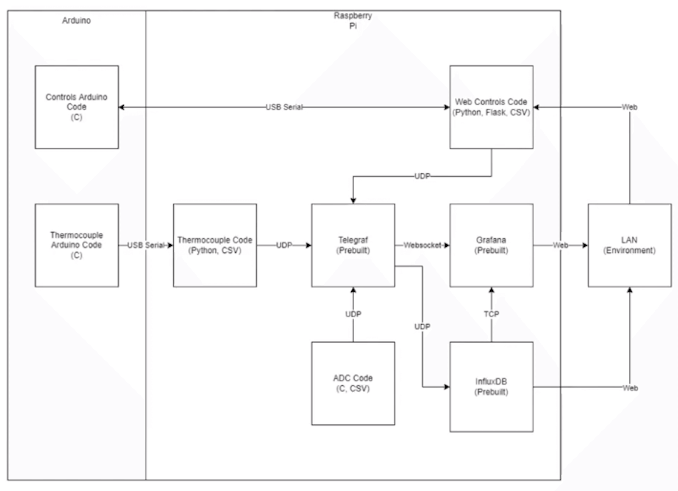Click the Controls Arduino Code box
point(77,107)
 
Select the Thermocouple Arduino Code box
point(77,245)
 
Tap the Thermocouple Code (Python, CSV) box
point(215,245)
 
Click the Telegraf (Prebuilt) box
point(353,245)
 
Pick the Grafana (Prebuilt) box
point(491,245)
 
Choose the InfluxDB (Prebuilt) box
point(491,386)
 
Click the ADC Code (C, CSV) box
point(353,383)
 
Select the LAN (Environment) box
point(629,245)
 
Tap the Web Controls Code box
point(491,107)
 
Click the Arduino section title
point(76,20)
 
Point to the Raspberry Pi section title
point(353,20)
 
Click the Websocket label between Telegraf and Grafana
point(422,245)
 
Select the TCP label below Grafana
point(491,314)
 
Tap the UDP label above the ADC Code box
point(353,314)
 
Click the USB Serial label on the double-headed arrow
point(284,107)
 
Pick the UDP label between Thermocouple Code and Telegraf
point(284,245)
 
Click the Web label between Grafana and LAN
point(560,245)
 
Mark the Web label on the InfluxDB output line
point(630,388)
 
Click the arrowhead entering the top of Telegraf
point(353,201)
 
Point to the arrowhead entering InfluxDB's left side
point(447,387)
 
